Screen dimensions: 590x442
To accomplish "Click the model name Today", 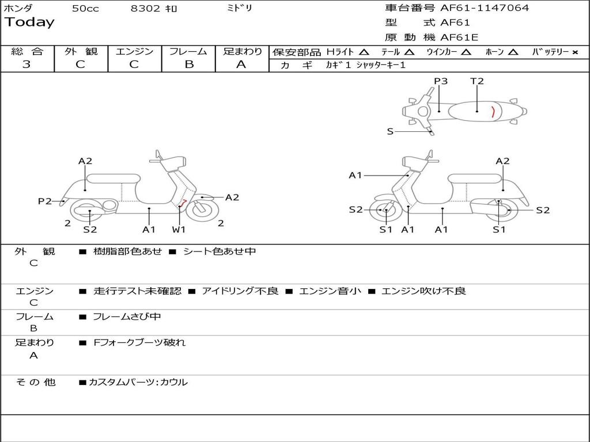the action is [x=29, y=22].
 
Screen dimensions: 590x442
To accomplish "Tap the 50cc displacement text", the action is [x=85, y=9].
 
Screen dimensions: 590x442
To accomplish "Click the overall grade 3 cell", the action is [x=27, y=64].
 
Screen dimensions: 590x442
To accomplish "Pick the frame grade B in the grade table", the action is [x=188, y=64].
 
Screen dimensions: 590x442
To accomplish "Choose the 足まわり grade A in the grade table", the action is [x=241, y=64].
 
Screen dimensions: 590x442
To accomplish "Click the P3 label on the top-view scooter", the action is [x=441, y=81].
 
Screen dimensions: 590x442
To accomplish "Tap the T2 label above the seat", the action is [x=477, y=81].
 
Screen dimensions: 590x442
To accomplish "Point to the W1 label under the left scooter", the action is [x=179, y=230].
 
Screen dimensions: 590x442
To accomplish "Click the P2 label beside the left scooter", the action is [x=45, y=201].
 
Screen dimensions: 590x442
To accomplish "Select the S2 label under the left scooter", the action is [x=90, y=230].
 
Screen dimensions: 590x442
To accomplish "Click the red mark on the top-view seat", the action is [x=493, y=112].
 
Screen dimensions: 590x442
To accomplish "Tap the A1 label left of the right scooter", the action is [x=355, y=175].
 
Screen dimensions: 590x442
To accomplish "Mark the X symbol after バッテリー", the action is [x=575, y=52].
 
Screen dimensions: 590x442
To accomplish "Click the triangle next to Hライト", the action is [x=364, y=52].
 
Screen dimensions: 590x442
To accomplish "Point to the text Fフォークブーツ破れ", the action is [x=139, y=342].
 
